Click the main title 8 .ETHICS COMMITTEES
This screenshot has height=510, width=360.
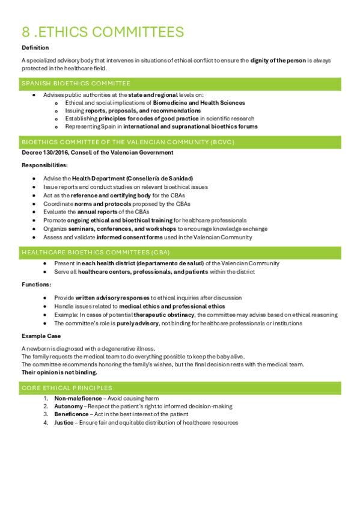coord(103,32)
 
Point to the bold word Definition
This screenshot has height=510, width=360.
coord(35,48)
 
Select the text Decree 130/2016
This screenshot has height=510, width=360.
coord(41,153)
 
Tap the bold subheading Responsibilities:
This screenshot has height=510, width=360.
coord(44,165)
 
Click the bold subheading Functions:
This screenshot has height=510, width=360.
coord(36,284)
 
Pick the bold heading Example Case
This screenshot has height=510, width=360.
coord(41,336)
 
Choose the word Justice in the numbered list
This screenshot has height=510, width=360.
coord(64,422)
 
